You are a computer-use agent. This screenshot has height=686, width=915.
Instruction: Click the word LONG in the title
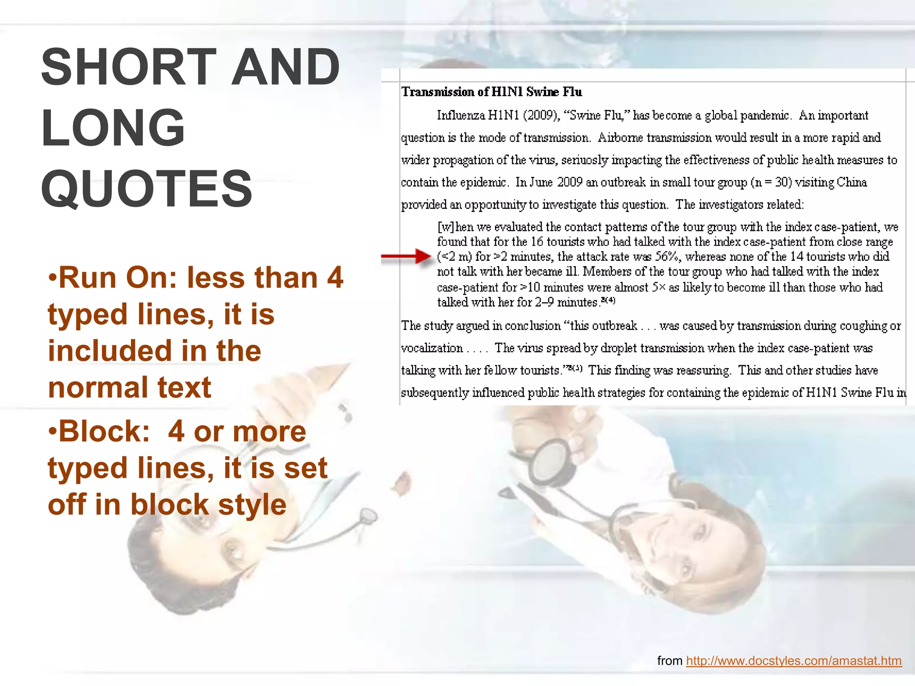113,128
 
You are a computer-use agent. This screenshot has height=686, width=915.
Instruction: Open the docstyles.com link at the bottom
794,661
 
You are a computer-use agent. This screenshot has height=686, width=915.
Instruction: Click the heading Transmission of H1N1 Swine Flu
491,92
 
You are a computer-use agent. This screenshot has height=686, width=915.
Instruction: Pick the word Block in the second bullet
104,431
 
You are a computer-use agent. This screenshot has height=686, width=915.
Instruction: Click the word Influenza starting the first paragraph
461,116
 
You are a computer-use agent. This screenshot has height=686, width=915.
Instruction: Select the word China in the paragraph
852,183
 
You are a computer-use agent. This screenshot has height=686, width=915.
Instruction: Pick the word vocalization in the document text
432,348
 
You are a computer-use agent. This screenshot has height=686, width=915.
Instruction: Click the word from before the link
670,661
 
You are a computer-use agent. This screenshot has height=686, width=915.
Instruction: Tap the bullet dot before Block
53,431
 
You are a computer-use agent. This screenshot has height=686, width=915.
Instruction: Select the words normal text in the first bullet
130,388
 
